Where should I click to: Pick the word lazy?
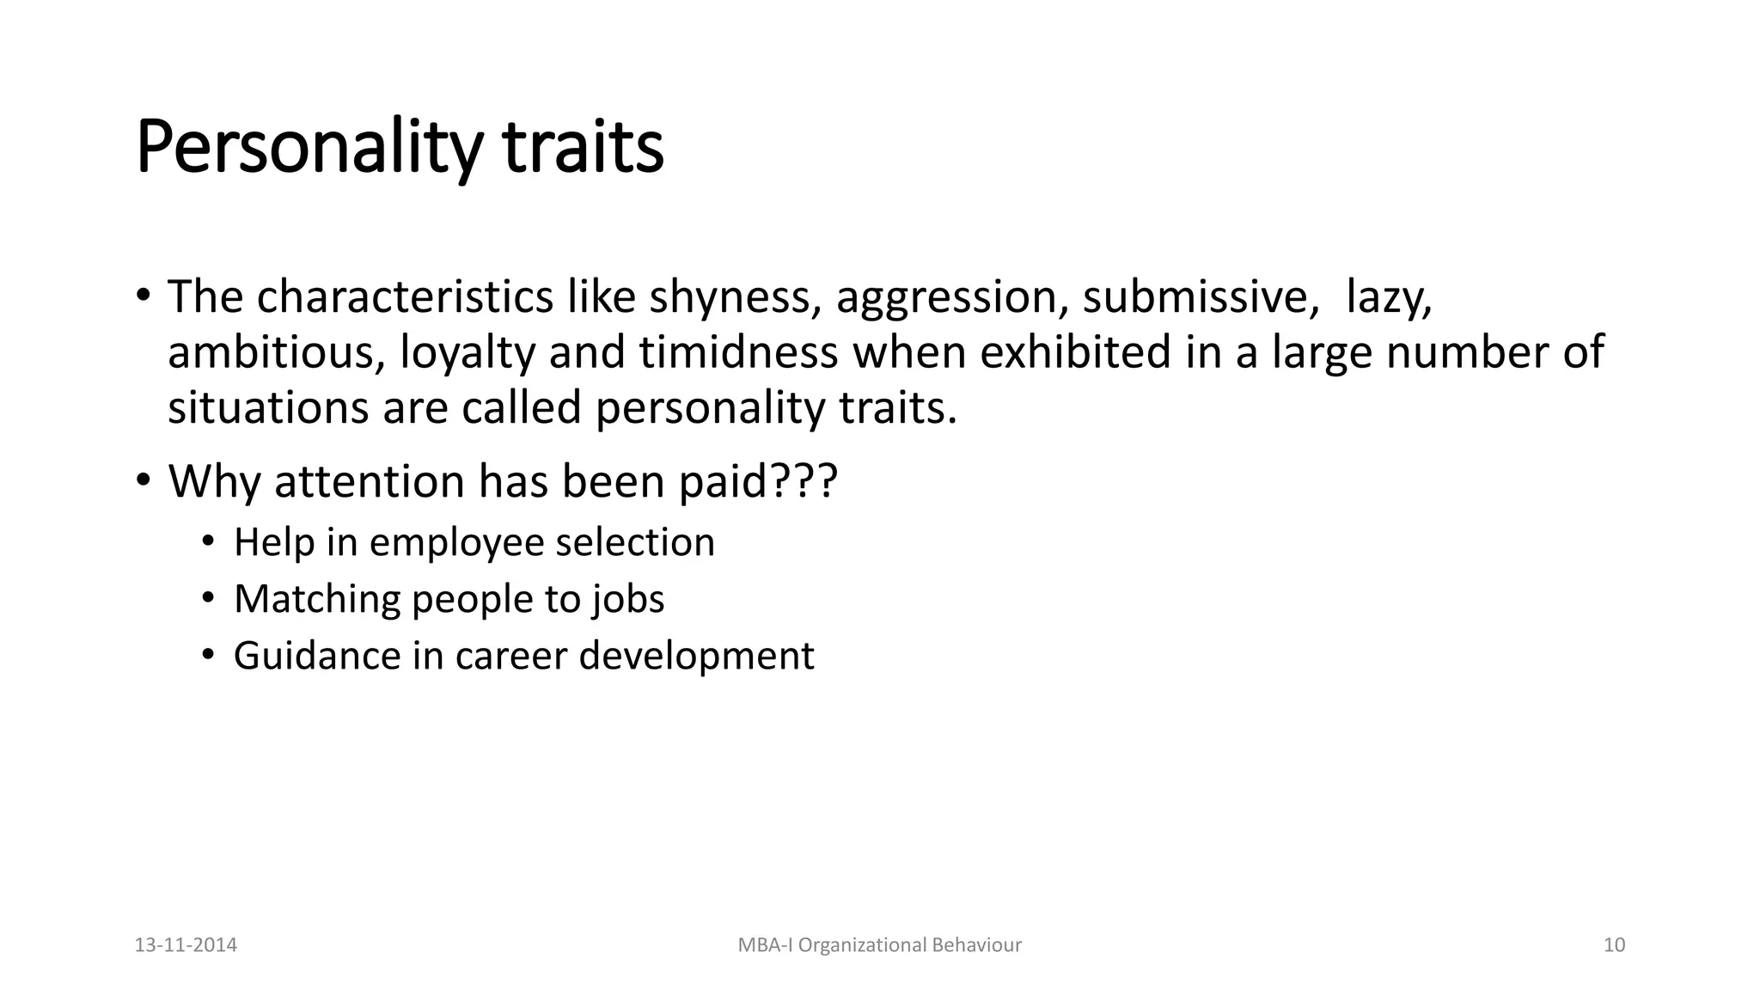click(x=1388, y=297)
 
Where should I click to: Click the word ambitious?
click(x=276, y=352)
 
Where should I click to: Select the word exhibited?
click(x=1075, y=352)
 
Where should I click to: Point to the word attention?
click(x=370, y=481)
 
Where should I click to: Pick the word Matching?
click(x=317, y=599)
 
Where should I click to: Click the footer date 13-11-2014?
click(x=186, y=945)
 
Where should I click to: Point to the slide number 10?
click(x=1614, y=945)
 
